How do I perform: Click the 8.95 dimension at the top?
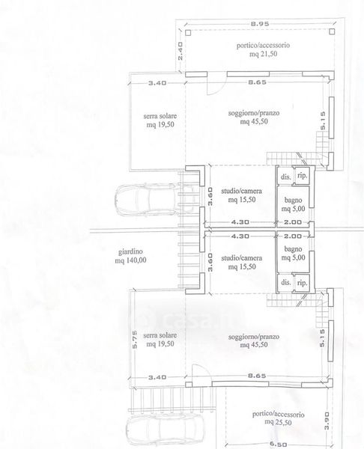260,24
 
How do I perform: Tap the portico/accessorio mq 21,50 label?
263,49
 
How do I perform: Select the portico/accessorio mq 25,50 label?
278,418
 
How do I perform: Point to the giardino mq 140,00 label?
130,256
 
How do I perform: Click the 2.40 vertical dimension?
181,51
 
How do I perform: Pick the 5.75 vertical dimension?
134,340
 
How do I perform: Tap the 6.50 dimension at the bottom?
278,445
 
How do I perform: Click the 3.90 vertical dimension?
327,421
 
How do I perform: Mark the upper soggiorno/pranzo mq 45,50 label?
254,117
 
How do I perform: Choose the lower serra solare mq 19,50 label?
160,339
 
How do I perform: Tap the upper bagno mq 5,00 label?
293,204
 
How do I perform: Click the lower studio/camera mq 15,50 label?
242,263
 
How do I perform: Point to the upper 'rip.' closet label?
302,176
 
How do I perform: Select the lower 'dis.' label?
286,282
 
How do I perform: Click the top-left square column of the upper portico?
188,33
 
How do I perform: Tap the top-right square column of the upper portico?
332,31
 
